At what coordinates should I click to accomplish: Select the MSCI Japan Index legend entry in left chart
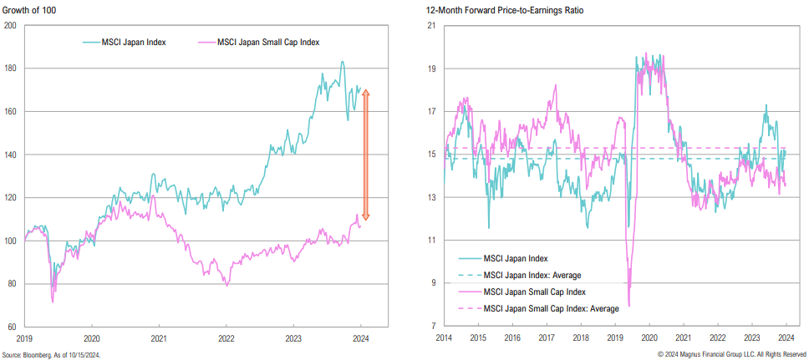(128, 41)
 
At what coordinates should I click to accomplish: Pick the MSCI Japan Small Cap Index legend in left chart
(267, 41)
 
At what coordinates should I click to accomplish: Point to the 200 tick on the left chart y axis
(11, 25)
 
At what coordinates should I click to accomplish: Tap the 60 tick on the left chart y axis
(11, 327)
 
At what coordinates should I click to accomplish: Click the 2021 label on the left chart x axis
(160, 339)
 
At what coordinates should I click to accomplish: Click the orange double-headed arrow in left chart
(365, 155)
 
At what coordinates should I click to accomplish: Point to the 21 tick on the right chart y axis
(432, 25)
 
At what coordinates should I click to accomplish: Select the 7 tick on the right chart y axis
(434, 327)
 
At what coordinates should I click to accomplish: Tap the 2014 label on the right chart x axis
(444, 339)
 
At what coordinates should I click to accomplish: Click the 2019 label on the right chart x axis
(616, 339)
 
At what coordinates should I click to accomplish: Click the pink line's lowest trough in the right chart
(628, 306)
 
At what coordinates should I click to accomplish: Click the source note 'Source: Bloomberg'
(50, 353)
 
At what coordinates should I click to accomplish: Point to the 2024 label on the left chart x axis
(360, 339)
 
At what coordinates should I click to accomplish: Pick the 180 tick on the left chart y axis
(11, 68)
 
